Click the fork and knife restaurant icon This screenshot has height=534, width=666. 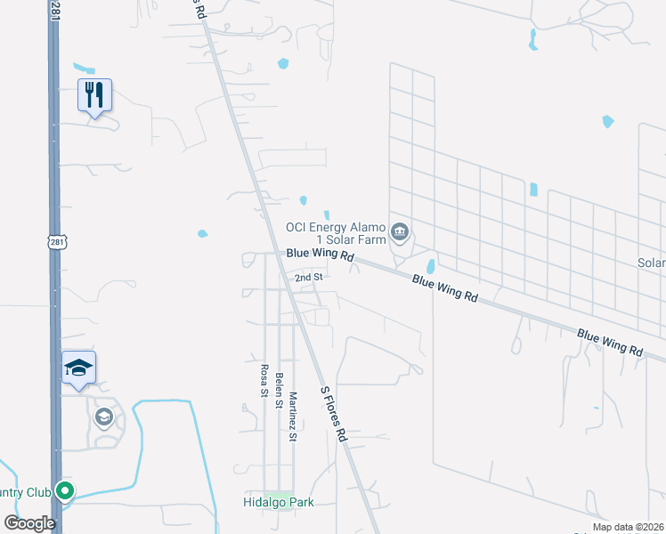[x=95, y=94]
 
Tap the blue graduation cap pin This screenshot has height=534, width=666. [x=78, y=368]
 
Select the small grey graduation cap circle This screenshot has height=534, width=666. [x=104, y=417]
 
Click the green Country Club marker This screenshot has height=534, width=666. [x=64, y=490]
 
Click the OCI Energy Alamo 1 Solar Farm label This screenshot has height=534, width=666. [x=336, y=233]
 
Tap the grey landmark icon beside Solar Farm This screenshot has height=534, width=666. [x=400, y=233]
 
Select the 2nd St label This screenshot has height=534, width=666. [x=308, y=278]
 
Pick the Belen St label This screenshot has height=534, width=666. [x=279, y=389]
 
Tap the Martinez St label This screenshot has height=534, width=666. [x=293, y=409]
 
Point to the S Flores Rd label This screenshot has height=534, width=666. [x=333, y=414]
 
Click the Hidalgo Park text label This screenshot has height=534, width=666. [x=279, y=503]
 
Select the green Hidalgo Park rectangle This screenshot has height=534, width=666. [x=279, y=494]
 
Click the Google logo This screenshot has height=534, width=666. [x=29, y=522]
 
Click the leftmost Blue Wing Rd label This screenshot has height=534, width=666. [x=320, y=255]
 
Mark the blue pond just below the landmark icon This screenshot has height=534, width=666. [x=432, y=266]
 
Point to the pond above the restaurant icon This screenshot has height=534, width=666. [x=84, y=68]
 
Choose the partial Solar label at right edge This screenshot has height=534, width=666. [x=651, y=263]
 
